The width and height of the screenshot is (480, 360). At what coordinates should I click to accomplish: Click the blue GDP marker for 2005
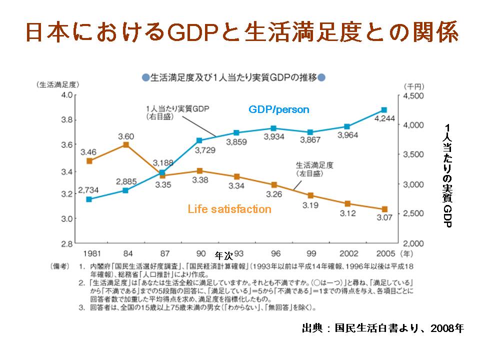(384, 109)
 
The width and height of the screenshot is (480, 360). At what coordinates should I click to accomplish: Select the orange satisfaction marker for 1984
(126, 144)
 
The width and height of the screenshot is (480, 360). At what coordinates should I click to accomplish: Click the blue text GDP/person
(279, 109)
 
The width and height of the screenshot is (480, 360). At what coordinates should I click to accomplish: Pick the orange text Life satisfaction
(229, 209)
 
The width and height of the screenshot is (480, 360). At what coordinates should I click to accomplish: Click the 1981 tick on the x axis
(89, 253)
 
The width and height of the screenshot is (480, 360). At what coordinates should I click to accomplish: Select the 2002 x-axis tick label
(347, 253)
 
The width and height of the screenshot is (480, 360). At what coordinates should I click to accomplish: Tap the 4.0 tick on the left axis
(66, 94)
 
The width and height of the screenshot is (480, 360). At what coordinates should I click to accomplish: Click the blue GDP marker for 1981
(89, 199)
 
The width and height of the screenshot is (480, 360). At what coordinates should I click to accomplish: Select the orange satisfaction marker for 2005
(384, 209)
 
